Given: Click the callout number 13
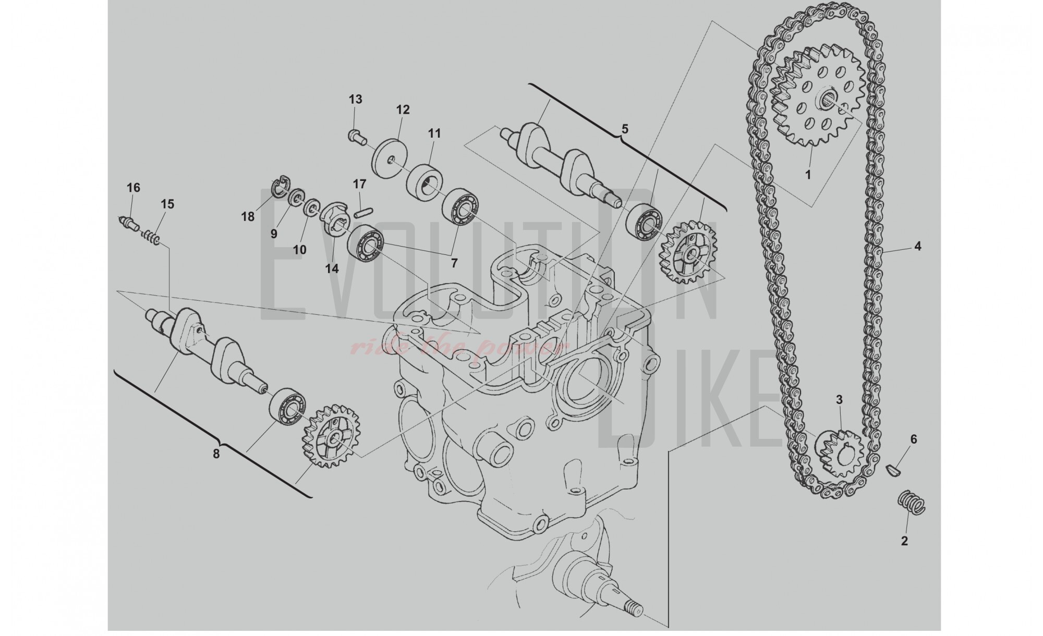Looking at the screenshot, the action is tap(355, 99).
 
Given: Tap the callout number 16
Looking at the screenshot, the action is tap(134, 188).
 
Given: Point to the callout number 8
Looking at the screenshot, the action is tap(216, 454).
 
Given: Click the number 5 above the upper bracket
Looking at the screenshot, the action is tap(625, 129).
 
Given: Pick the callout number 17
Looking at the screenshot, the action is tap(360, 184).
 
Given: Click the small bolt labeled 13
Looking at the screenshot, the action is tap(355, 136).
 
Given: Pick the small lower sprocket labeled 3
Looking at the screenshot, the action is tap(838, 452).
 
